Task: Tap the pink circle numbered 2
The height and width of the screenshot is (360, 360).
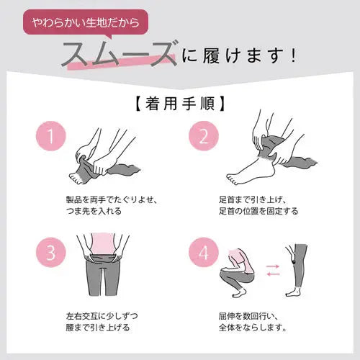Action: [202, 135]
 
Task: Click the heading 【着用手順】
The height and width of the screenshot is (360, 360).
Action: [179, 102]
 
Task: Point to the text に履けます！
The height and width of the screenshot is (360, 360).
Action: [240, 55]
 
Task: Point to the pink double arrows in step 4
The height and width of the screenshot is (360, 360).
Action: [274, 269]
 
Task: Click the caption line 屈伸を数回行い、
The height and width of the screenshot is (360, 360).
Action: [243, 315]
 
